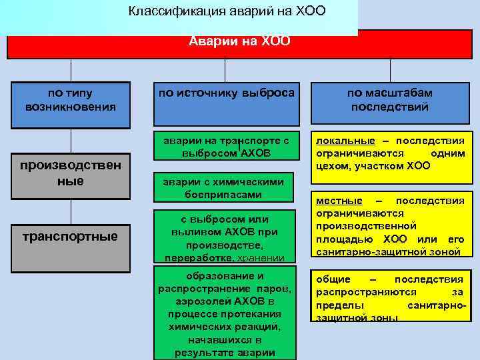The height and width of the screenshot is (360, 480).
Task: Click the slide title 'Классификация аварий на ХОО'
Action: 227,13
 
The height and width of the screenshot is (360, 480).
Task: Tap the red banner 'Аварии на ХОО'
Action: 239,42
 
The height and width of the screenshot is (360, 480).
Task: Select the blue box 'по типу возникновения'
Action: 71,101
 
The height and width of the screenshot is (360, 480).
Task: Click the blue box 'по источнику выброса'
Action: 225,94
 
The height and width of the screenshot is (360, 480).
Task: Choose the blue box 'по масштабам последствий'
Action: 389,101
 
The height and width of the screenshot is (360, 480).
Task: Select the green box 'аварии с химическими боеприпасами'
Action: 225,188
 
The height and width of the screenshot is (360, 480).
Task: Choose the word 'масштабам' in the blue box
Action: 402,94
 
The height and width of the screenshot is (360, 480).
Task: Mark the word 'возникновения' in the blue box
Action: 71,107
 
